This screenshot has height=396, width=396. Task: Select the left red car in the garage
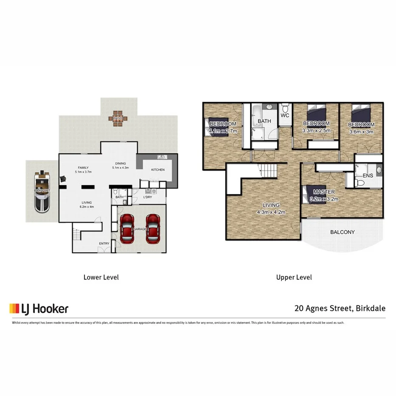pos(127,229)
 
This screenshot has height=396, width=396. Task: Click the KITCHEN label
pos(158,170)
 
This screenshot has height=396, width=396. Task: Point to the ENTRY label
pos(104,243)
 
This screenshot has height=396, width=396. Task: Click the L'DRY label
pos(147,197)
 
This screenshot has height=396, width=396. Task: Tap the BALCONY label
pos(342,232)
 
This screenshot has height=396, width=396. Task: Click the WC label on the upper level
pos(285,116)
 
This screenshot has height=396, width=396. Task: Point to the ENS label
pos(368,175)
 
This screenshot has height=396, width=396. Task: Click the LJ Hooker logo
pos(39,308)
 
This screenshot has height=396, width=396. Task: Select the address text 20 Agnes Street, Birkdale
pos(340,308)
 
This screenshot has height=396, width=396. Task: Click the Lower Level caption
pos(101,277)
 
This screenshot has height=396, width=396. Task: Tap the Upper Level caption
pos(294,277)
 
